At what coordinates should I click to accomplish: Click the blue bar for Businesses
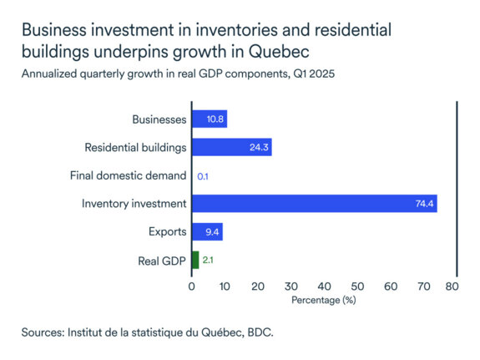pos(209,119)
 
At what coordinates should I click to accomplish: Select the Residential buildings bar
pos(231,148)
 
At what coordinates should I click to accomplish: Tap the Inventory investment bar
pos(314,204)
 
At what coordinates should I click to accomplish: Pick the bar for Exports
pos(207,232)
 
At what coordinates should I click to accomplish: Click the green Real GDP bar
pos(195,261)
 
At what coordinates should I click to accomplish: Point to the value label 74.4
pos(423,204)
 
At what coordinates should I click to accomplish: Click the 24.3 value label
pos(259,148)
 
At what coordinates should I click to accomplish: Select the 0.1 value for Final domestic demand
pos(203,176)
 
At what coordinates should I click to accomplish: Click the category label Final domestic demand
pos(129,176)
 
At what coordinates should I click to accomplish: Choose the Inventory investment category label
pos(134,204)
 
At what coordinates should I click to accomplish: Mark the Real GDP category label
pos(162,261)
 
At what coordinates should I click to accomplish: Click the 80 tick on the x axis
pos(452,286)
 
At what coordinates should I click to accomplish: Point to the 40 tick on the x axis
pos(322,286)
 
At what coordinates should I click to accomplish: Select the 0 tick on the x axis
pos(192,286)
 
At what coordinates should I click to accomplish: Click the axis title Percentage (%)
pos(322,298)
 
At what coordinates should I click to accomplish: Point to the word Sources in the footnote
pos(44,332)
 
